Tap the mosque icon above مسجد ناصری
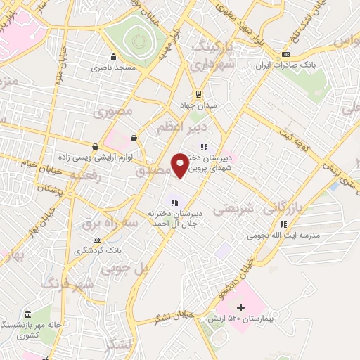(x=113, y=58)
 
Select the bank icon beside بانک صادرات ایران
(x=285, y=55)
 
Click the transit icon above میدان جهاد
(x=199, y=94)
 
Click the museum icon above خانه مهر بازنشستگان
(x=27, y=314)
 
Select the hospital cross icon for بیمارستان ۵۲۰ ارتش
(x=241, y=307)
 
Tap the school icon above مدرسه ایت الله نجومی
(x=283, y=224)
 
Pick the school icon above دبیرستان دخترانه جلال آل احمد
(x=173, y=203)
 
